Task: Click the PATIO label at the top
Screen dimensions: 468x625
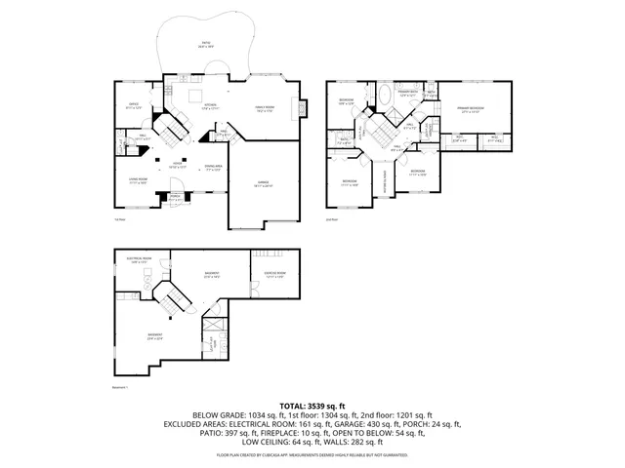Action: [x=205, y=44]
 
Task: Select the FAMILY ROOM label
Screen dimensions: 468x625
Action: [x=264, y=109]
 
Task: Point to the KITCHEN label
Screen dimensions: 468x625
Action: [x=210, y=105]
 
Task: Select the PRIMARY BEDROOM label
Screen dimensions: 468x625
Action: [x=472, y=108]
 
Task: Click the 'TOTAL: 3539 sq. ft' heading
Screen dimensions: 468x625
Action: [x=312, y=404]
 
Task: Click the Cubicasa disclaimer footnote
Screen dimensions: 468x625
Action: [x=312, y=454]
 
